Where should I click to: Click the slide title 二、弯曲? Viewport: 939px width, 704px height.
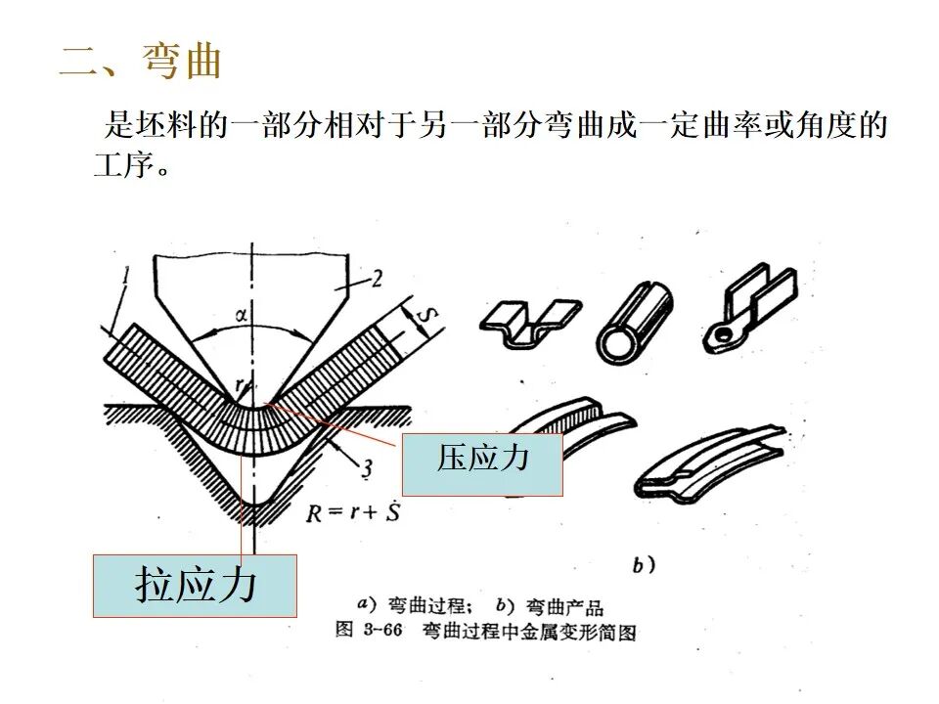pyautogui.click(x=142, y=61)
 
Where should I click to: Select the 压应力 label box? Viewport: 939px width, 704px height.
pyautogui.click(x=482, y=464)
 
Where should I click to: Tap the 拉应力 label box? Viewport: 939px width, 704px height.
pyautogui.click(x=195, y=585)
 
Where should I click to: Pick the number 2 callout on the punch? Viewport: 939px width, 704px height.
pyautogui.click(x=376, y=281)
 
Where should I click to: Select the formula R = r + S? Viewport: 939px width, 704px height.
pyautogui.click(x=351, y=511)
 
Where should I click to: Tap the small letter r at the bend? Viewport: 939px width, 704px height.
pyautogui.click(x=251, y=385)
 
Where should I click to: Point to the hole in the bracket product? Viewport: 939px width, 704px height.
pyautogui.click(x=722, y=334)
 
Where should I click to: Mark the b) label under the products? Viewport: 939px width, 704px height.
pyautogui.click(x=643, y=564)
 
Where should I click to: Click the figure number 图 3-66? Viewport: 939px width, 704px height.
pyautogui.click(x=369, y=631)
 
